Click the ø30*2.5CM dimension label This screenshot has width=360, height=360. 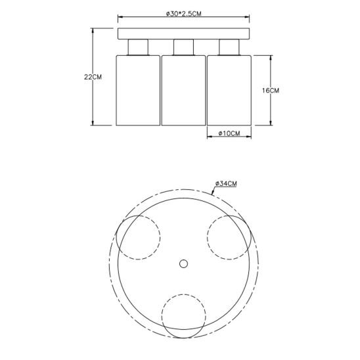click(184, 14)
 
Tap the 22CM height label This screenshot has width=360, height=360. click(93, 77)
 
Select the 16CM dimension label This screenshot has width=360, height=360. click(271, 91)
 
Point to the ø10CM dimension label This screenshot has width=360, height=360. click(229, 133)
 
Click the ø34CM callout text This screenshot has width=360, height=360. click(226, 183)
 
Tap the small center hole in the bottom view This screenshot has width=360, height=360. click(183, 264)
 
